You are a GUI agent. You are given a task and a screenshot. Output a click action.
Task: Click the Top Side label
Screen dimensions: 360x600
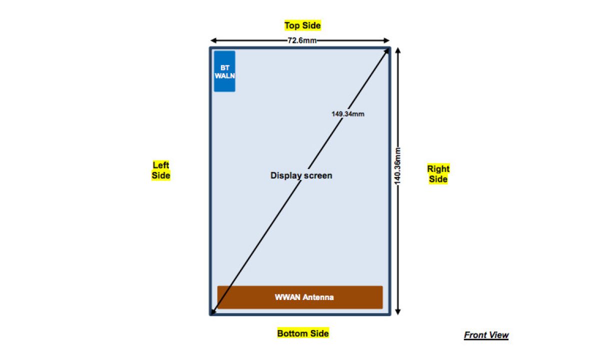tap(302, 25)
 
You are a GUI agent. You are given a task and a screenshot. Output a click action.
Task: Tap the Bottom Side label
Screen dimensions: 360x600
tap(303, 333)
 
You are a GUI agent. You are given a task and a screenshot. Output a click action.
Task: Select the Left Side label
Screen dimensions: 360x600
tap(161, 170)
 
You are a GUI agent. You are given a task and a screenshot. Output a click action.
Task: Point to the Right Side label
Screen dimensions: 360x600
tap(438, 173)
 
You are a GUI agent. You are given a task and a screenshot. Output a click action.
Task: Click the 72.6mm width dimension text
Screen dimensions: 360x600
tap(301, 40)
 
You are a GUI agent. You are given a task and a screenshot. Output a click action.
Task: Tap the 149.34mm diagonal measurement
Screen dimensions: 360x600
tap(347, 114)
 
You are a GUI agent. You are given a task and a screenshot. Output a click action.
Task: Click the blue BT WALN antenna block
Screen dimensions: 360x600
tap(224, 71)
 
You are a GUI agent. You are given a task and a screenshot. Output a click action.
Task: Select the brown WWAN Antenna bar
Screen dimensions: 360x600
tap(300, 297)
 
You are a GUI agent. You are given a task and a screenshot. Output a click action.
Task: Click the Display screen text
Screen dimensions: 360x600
tap(301, 175)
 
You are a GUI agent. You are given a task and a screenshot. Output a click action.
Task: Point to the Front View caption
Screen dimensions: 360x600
tap(486, 335)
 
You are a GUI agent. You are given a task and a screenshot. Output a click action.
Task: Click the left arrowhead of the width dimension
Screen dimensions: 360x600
tap(213, 40)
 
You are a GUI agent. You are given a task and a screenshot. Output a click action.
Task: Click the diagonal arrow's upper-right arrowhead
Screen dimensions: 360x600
tap(386, 51)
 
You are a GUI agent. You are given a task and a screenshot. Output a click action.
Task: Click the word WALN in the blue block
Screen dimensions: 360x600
tap(224, 75)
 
